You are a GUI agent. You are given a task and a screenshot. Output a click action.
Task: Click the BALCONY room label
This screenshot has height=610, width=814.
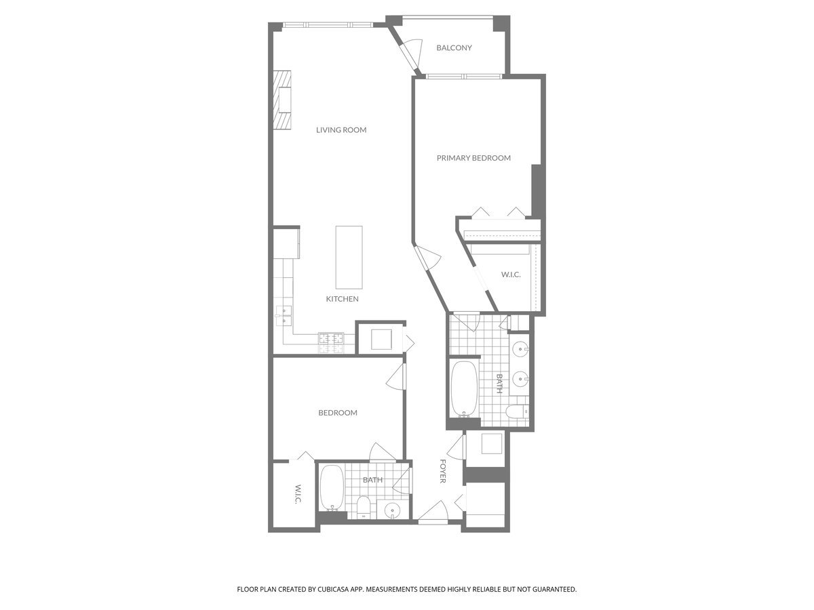(454, 48)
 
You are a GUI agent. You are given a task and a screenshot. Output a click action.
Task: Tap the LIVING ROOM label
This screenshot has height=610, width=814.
(341, 129)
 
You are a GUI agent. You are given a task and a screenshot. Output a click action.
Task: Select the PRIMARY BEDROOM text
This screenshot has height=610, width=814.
(473, 158)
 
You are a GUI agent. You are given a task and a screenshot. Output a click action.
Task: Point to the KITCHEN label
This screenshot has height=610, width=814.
(342, 299)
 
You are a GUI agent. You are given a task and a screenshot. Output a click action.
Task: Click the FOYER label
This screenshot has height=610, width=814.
(442, 471)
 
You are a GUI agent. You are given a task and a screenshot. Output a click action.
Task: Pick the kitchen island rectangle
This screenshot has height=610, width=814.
(349, 258)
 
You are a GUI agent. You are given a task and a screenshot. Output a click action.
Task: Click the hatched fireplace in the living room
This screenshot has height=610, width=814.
(283, 100)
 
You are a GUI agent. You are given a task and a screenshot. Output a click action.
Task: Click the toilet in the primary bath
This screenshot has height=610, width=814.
(516, 411)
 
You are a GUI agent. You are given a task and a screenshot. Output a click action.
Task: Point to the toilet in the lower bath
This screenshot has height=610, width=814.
(364, 507)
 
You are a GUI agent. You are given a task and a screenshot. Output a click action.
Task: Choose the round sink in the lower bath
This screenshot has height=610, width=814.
(393, 510)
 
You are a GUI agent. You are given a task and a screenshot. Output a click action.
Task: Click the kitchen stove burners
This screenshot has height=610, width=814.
(332, 342)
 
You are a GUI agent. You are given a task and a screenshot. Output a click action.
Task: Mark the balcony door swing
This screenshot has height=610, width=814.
(409, 53)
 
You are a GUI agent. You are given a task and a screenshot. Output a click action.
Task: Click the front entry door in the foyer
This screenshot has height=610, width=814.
(431, 514)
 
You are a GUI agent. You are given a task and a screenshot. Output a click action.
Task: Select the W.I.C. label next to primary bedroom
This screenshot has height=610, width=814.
(511, 275)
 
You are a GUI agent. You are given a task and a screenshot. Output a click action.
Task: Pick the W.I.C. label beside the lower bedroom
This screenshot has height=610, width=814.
(297, 493)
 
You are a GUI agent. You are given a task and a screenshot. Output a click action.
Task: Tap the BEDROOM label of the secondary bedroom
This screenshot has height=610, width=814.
(338, 413)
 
